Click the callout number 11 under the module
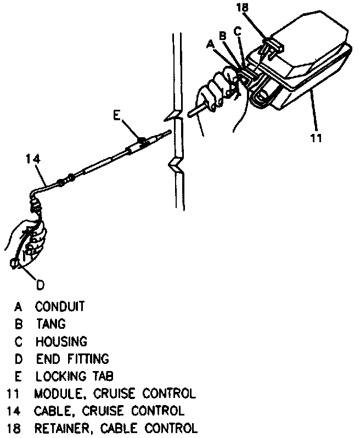(x=316, y=137)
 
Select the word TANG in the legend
(x=51, y=323)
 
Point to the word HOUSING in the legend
(x=61, y=341)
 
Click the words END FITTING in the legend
(x=72, y=359)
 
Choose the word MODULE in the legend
(x=57, y=394)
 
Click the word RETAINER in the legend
(x=63, y=428)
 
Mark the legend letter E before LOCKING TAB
(x=18, y=377)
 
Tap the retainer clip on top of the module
(x=271, y=45)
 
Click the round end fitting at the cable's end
(x=16, y=265)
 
